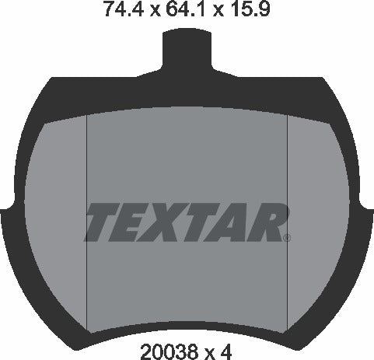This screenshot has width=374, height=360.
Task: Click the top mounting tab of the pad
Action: click(187, 54)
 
